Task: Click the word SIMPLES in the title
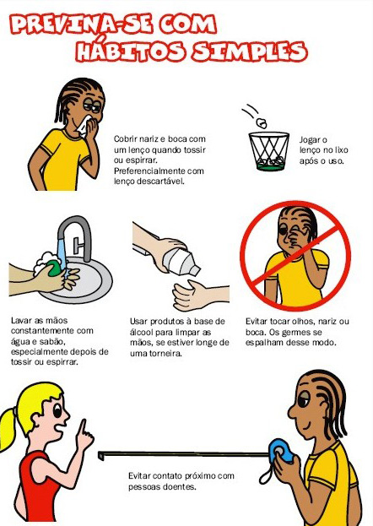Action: pyautogui.click(x=250, y=52)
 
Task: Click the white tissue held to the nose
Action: pyautogui.click(x=84, y=126)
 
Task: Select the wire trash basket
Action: pyautogui.click(x=269, y=151)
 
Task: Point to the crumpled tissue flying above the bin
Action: pyautogui.click(x=262, y=122)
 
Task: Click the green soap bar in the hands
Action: pyautogui.click(x=54, y=268)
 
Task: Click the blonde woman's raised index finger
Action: pyautogui.click(x=82, y=429)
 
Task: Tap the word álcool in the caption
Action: pyautogui.click(x=141, y=332)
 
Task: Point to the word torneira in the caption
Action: pyautogui.click(x=164, y=353)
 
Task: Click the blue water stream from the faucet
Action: pyautogui.click(x=62, y=254)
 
